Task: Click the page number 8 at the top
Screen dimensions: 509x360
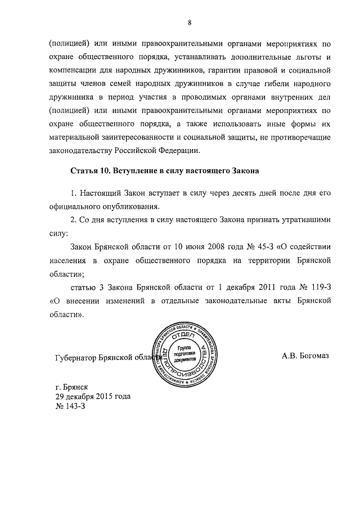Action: point(190,22)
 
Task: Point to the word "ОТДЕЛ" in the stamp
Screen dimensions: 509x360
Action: point(186,336)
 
